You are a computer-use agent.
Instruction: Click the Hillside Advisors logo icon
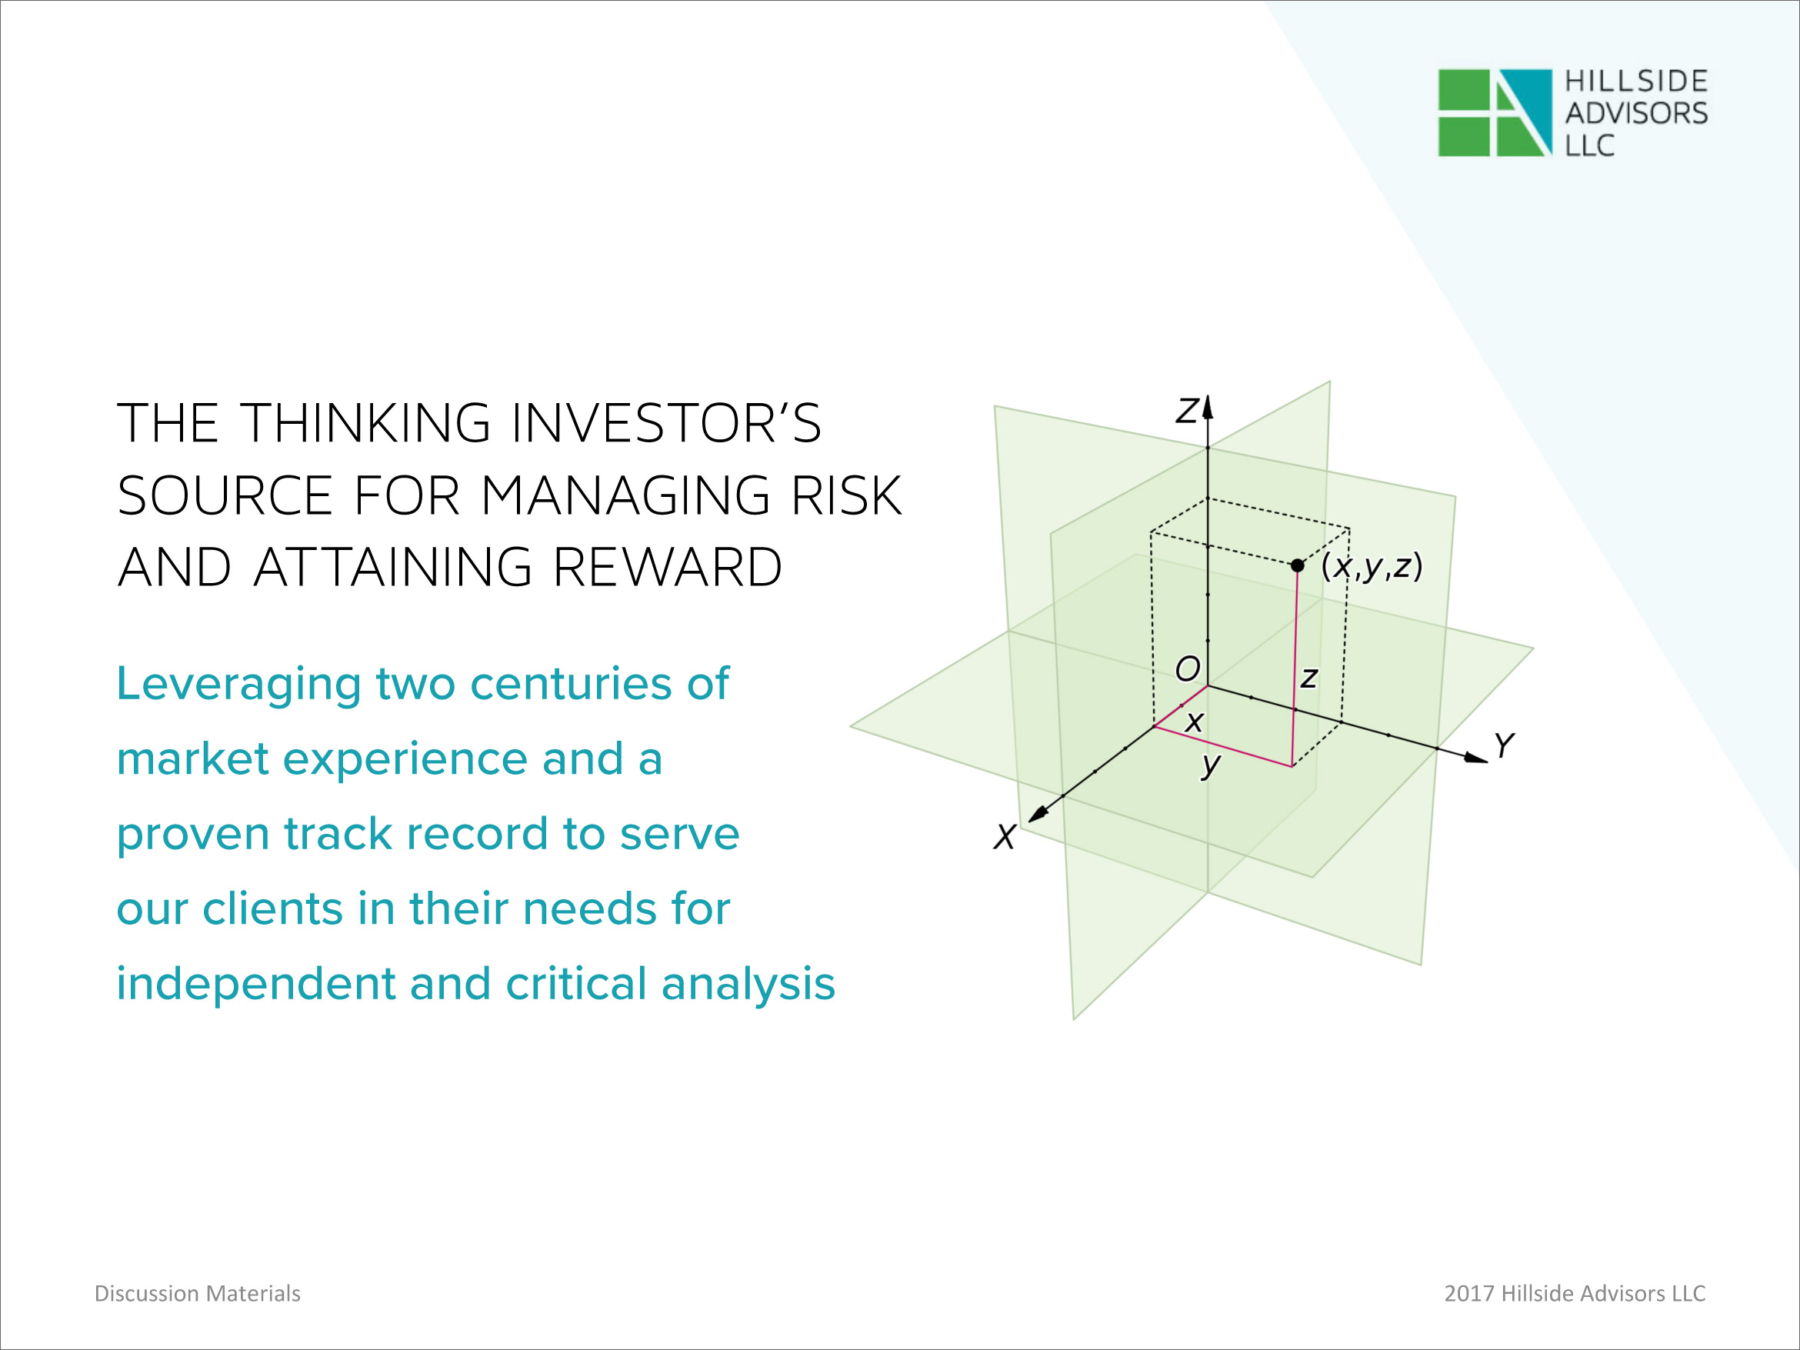coord(1495,113)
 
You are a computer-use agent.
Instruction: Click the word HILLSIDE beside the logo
coord(1636,82)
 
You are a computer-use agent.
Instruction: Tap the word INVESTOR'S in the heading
coord(665,423)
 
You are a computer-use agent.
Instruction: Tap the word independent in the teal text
coord(255,985)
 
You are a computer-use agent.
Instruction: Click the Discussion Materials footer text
coord(198,1294)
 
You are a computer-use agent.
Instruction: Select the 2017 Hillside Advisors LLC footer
coord(1575,1294)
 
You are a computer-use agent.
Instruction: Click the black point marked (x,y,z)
coord(1297,565)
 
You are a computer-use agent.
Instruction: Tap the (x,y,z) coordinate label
coord(1372,566)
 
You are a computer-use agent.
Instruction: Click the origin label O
coord(1187,669)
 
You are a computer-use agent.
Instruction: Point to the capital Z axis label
coord(1187,411)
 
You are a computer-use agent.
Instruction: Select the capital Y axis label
coord(1504,745)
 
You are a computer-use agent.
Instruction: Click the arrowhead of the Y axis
coord(1476,758)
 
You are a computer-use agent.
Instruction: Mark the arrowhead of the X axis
coord(1038,814)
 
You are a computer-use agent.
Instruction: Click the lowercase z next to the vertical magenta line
coord(1308,678)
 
